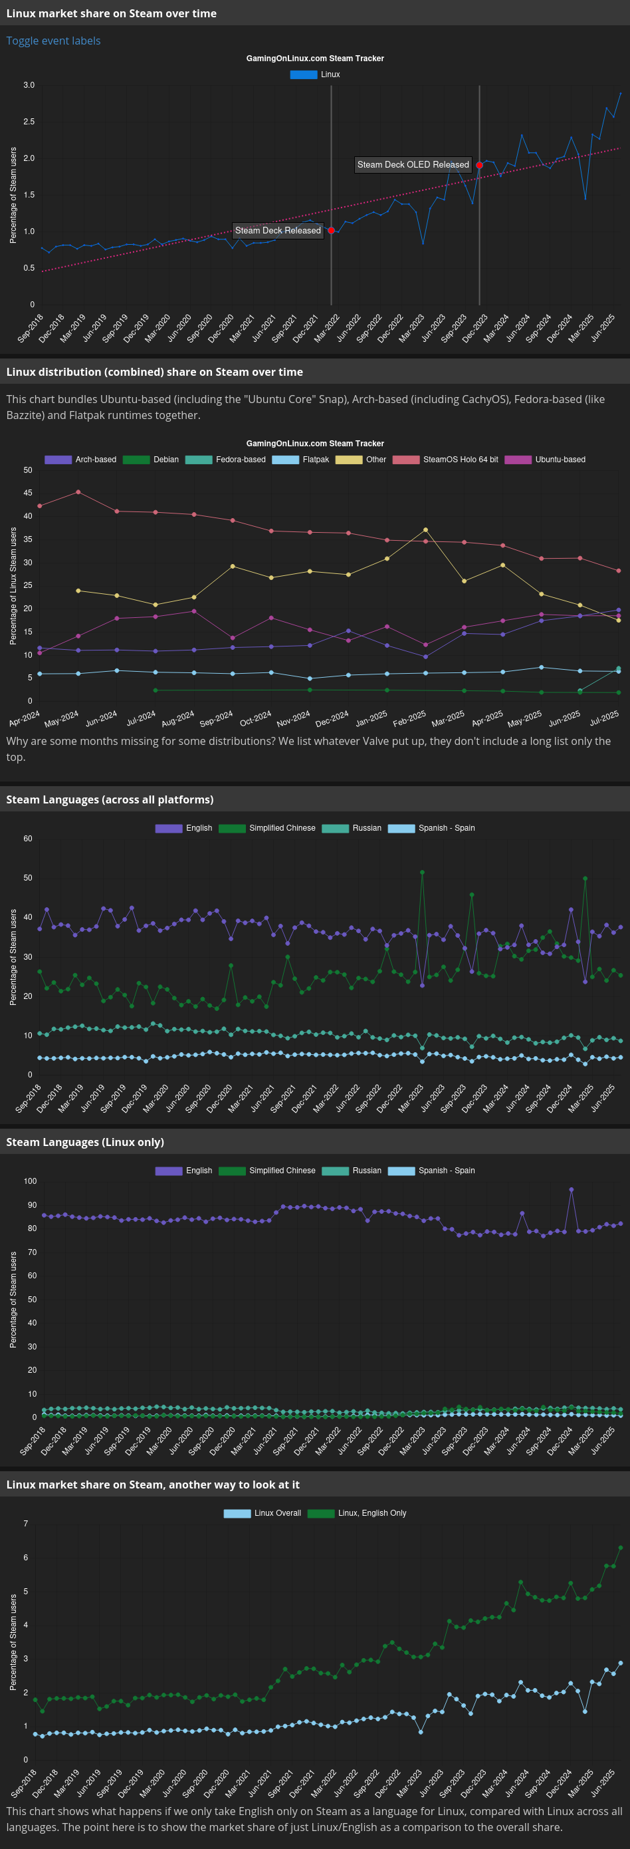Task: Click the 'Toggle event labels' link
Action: [53, 41]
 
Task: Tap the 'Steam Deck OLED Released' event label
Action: [413, 164]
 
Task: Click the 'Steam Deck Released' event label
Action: [278, 230]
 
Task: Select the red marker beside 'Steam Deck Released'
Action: [331, 230]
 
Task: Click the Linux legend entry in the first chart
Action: [315, 74]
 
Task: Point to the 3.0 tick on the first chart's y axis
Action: [29, 85]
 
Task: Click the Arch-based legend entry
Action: [80, 460]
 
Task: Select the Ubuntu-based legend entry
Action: [545, 460]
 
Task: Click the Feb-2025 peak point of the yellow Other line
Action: [425, 529]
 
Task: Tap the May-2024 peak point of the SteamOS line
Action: [78, 492]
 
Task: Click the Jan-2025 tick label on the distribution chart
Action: [371, 718]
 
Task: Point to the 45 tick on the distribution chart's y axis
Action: [28, 493]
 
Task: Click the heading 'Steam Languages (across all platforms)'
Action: [110, 799]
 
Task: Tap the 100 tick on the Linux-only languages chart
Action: [30, 1181]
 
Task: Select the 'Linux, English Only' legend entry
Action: [357, 1513]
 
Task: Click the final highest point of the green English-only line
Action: [620, 1548]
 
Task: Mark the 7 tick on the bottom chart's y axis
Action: [26, 1523]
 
